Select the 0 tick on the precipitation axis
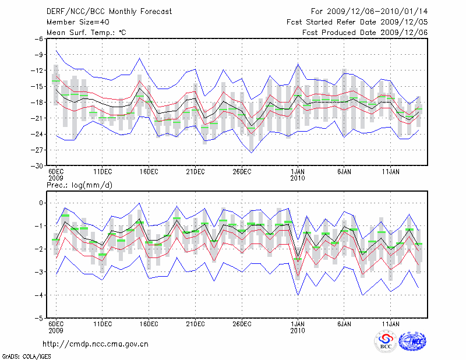pos(41,203)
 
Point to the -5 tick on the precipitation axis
pos(40,319)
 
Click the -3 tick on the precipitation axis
pos(40,272)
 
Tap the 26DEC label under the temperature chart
pos(242,172)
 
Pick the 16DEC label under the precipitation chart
pos(149,324)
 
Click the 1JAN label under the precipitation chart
pos(298,324)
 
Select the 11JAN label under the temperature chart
pos(391,172)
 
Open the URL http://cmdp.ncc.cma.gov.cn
pos(96,344)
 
